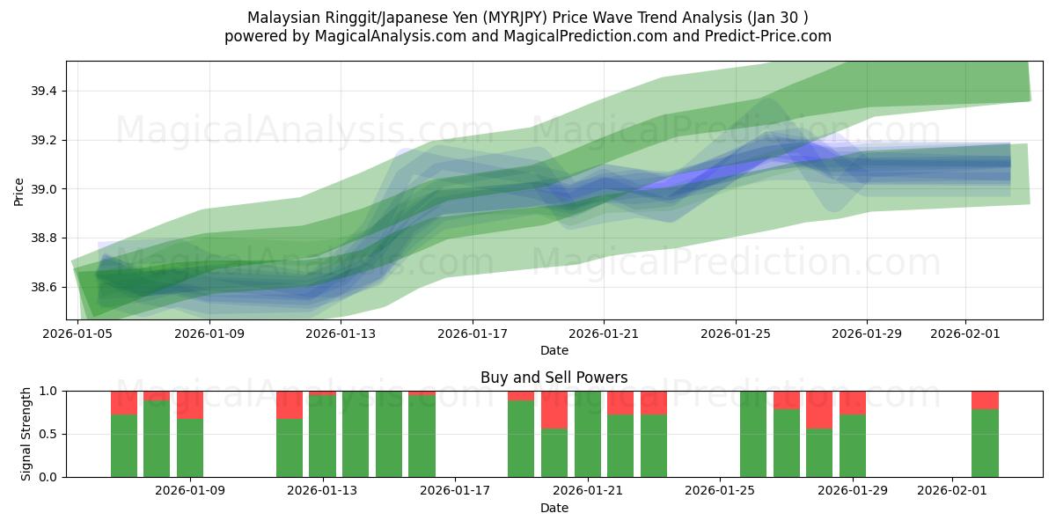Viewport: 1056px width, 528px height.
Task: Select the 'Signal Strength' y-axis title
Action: [x=26, y=434]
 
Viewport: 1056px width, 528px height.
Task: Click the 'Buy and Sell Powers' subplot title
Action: [x=554, y=378]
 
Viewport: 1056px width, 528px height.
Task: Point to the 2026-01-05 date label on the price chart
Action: [x=79, y=334]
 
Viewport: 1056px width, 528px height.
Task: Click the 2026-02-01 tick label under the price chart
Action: [x=965, y=334]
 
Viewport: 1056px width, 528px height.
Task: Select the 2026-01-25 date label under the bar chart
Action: [x=721, y=491]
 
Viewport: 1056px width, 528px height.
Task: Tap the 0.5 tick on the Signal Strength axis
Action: [x=49, y=434]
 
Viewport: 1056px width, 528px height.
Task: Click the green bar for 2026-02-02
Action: [x=985, y=443]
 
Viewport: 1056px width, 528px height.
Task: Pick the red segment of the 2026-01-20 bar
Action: [x=554, y=409]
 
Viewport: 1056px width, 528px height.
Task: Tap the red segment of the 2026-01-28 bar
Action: [x=819, y=409]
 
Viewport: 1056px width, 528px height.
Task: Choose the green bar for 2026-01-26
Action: [x=753, y=434]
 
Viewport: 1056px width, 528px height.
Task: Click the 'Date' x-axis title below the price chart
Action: [x=554, y=350]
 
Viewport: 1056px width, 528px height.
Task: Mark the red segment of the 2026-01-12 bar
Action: [x=290, y=405]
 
